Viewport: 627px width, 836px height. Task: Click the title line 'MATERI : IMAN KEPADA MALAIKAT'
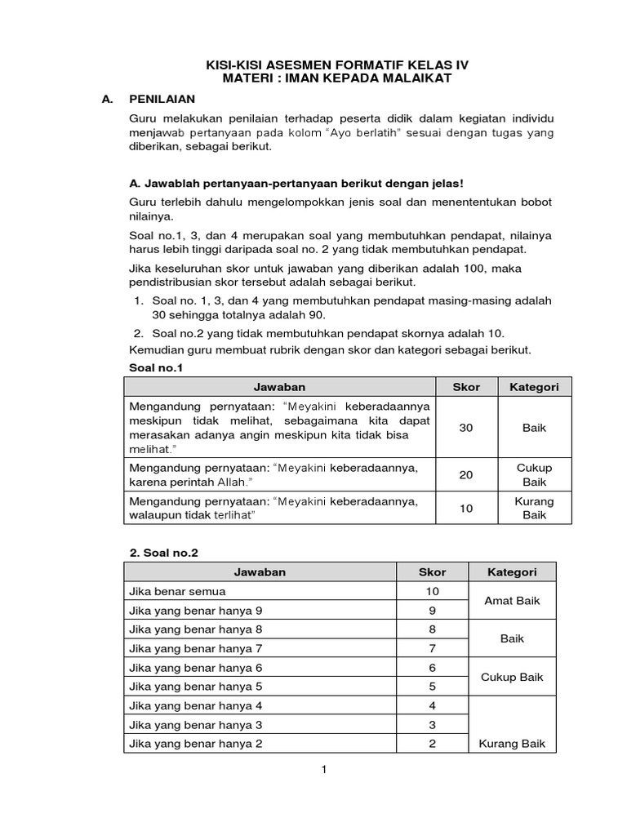tap(337, 78)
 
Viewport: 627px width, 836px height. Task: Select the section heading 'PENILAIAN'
tap(162, 99)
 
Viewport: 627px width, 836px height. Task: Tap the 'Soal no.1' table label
tap(157, 368)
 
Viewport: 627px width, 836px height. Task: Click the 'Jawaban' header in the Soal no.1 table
tap(279, 387)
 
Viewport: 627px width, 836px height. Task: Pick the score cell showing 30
tap(466, 428)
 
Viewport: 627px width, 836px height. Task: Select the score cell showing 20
tap(466, 475)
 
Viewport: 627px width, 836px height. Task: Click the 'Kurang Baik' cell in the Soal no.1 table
tap(535, 508)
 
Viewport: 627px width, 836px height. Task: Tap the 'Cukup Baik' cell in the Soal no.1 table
tap(535, 475)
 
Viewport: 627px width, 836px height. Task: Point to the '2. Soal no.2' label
tap(164, 553)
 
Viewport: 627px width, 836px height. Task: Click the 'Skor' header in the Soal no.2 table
tap(432, 572)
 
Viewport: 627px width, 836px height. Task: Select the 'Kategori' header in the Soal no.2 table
tap(512, 572)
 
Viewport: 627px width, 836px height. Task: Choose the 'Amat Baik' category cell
tap(512, 601)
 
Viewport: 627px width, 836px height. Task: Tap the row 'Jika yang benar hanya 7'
tap(196, 648)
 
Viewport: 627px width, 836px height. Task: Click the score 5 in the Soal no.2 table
tap(432, 687)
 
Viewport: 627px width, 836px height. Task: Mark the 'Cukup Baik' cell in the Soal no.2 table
tap(512, 677)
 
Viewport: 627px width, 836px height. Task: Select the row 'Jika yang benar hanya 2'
tap(196, 744)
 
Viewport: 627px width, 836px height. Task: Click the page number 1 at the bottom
tap(324, 769)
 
